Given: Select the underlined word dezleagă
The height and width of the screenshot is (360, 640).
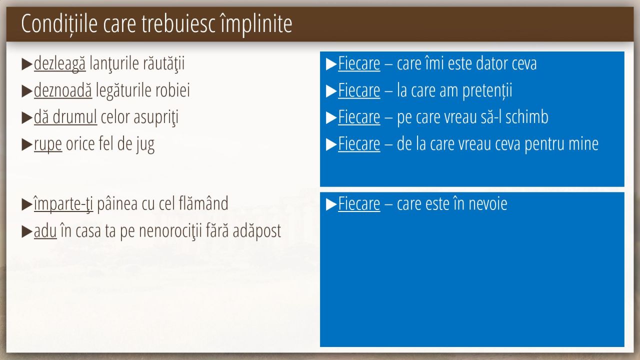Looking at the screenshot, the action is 59,63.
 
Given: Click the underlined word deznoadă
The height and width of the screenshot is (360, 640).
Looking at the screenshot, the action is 63,90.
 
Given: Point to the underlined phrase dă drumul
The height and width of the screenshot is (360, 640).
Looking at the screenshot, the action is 65,117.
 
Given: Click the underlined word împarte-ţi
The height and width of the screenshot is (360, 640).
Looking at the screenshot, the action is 63,203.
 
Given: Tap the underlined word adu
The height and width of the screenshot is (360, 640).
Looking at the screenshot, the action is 45,231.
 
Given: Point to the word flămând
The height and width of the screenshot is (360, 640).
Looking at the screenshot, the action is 203,203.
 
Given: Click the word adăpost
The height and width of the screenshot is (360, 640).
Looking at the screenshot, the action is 257,231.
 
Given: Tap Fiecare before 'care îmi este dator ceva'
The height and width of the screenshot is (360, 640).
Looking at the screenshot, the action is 359,63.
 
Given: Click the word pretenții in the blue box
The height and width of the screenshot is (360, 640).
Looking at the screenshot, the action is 487,90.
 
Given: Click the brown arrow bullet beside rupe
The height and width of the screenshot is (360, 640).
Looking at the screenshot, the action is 27,144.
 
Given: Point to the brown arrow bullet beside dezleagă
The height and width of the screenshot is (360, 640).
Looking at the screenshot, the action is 27,64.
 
